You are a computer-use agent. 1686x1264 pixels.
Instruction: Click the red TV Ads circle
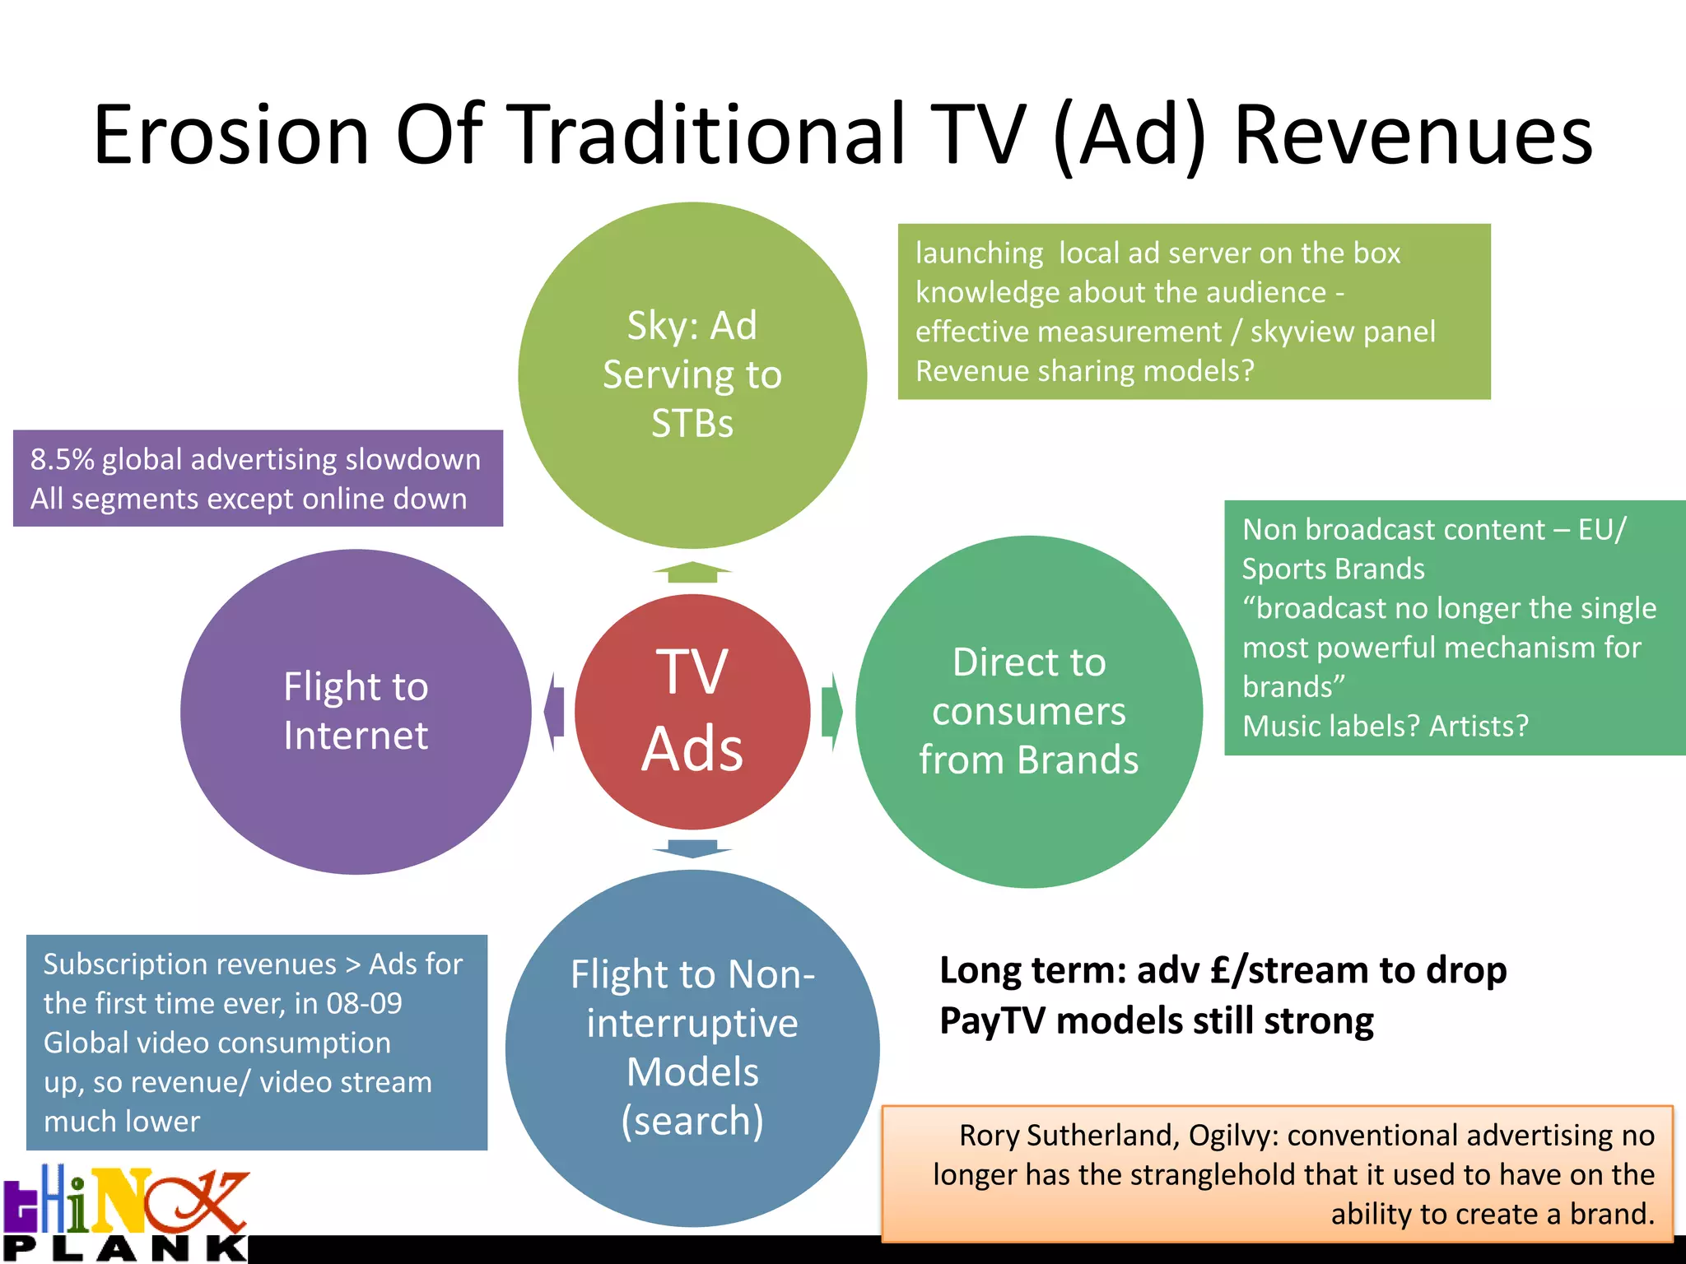click(692, 711)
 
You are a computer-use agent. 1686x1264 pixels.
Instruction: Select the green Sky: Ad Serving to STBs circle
click(692, 374)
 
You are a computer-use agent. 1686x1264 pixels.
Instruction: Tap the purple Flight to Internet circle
click(356, 711)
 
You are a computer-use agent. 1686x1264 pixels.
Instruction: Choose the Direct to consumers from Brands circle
click(1028, 711)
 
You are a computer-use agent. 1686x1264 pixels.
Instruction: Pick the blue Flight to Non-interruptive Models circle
click(692, 1047)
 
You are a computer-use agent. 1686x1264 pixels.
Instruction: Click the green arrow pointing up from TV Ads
click(692, 572)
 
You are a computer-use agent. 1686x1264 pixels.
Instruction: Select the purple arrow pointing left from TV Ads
click(555, 711)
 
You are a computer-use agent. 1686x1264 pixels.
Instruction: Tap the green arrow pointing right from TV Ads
click(831, 711)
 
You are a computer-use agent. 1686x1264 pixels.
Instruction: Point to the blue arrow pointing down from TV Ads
click(692, 848)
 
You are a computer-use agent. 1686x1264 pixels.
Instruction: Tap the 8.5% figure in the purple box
click(63, 459)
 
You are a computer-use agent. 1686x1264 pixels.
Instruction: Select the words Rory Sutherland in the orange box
click(1070, 1136)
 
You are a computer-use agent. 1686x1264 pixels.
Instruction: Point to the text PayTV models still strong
click(1156, 1021)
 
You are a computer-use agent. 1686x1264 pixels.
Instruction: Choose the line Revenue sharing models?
click(1084, 371)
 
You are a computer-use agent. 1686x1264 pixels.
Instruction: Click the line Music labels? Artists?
click(1385, 726)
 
